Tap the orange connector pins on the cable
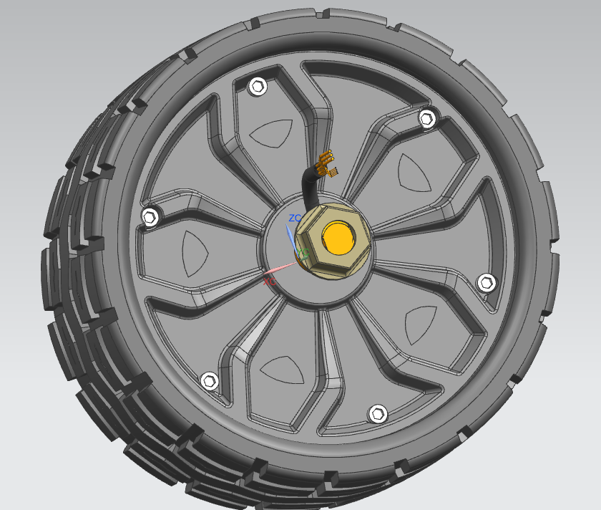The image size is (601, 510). pos(328,164)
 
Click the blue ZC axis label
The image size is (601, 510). pos(295,218)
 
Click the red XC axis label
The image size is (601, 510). pos(269,282)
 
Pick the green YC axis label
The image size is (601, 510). pos(303,253)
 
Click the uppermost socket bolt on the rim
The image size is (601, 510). pos(258,87)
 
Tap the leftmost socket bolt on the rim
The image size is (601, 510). pos(150,216)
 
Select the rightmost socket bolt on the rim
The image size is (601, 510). pos(486,282)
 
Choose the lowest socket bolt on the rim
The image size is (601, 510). pos(378,413)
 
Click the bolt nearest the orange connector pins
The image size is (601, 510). pos(427,118)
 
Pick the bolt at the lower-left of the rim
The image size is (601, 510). pos(210,381)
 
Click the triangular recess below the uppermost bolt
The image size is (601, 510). pos(271,133)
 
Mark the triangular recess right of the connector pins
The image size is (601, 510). pos(415,172)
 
